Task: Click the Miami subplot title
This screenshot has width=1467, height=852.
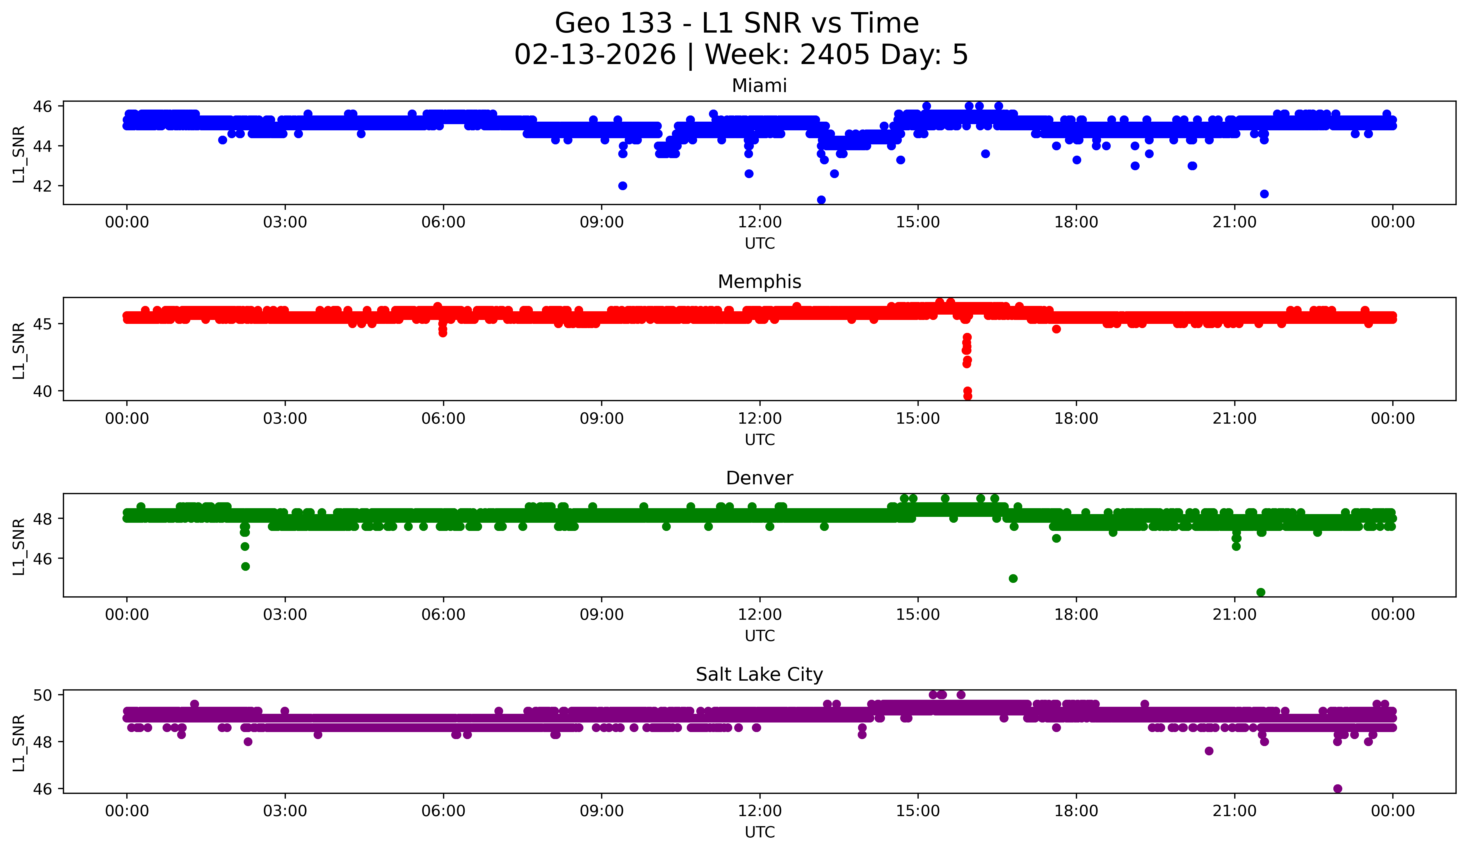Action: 759,86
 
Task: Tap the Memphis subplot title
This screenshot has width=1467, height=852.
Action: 759,282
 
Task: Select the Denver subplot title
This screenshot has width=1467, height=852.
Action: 759,478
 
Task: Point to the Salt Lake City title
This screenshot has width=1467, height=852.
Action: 759,674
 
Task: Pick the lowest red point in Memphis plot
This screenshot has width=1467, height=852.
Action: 968,396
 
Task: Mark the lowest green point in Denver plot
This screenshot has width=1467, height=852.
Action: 1261,592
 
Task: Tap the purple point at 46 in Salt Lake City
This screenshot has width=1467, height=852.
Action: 1338,789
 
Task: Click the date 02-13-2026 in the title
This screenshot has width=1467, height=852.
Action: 595,55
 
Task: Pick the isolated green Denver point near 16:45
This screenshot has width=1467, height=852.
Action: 1013,578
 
